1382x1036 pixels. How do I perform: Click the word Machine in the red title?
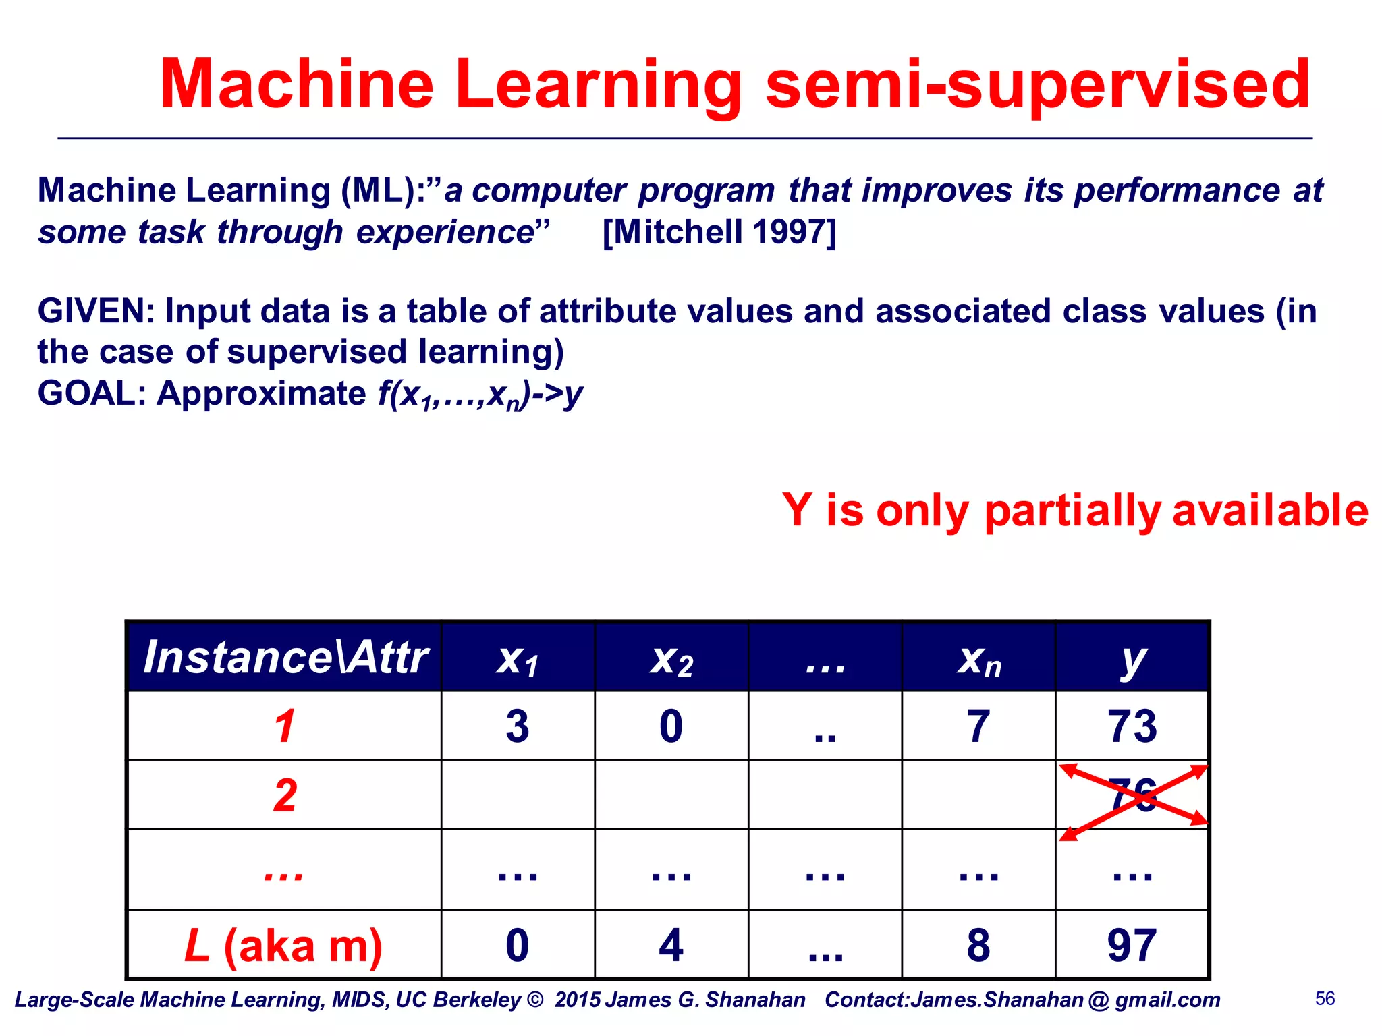click(297, 84)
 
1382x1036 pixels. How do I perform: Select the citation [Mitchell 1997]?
click(719, 232)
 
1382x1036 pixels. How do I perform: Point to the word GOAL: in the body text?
click(91, 393)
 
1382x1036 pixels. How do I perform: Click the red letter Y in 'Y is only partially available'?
click(797, 510)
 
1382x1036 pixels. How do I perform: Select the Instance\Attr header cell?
click(285, 658)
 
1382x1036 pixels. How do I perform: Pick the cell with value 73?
click(1132, 726)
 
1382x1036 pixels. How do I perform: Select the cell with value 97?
click(1132, 946)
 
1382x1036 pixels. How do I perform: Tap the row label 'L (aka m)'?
click(283, 946)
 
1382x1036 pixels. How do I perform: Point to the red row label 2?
click(285, 796)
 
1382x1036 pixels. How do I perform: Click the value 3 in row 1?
click(518, 726)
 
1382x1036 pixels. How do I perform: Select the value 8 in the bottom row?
click(978, 946)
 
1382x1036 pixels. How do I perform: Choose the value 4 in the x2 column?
click(671, 946)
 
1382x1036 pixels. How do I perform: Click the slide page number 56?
click(1325, 999)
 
